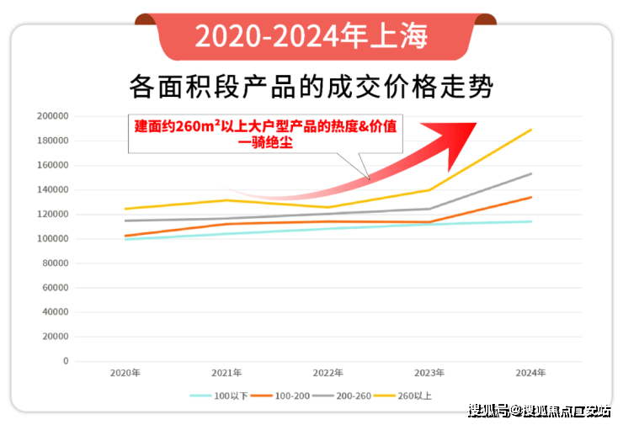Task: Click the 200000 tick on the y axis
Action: click(x=52, y=116)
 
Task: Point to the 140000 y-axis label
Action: click(x=52, y=189)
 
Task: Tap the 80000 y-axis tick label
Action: click(x=56, y=263)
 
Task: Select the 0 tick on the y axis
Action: click(x=66, y=361)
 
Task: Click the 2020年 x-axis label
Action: click(x=125, y=373)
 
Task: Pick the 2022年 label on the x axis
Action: click(x=327, y=373)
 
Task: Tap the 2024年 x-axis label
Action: click(x=531, y=373)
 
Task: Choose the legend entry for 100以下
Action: click(x=219, y=396)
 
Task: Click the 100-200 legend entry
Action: click(x=280, y=396)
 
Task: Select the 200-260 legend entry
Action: click(x=342, y=396)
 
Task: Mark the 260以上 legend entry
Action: click(x=403, y=396)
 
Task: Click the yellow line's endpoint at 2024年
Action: click(x=531, y=130)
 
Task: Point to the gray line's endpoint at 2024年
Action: click(x=531, y=173)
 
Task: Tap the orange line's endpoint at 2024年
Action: click(x=531, y=197)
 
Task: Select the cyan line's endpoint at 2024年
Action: click(x=531, y=221)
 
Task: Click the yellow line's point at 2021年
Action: click(x=226, y=200)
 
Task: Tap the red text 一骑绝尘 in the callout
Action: click(x=265, y=142)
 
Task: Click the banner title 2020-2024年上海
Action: click(x=311, y=36)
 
